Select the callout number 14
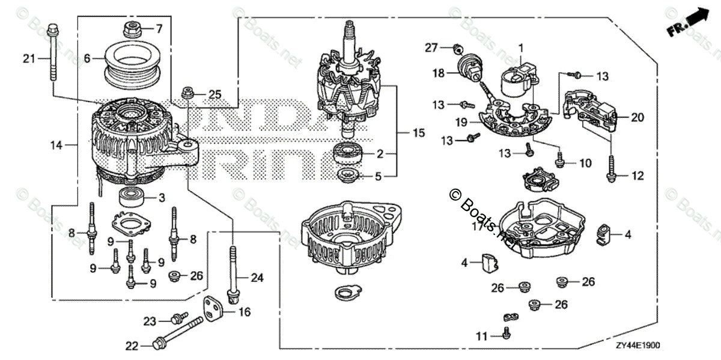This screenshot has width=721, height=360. (x=56, y=144)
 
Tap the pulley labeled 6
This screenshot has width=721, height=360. (x=127, y=62)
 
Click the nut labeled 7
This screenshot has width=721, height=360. (x=131, y=28)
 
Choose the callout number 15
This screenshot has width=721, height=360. (x=413, y=131)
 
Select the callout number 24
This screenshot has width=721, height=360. (x=257, y=278)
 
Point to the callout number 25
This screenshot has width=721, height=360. (x=215, y=94)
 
